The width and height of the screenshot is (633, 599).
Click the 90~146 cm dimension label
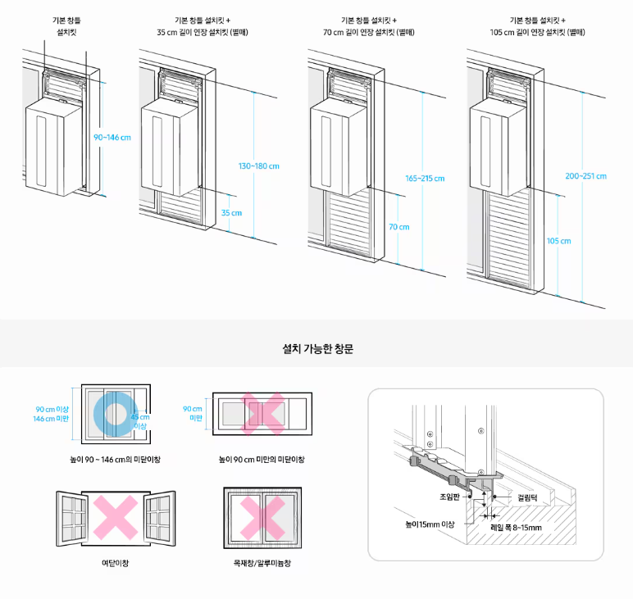[x=112, y=137]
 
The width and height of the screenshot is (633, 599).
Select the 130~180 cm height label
[x=259, y=166]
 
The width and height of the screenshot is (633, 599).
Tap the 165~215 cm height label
[x=425, y=178]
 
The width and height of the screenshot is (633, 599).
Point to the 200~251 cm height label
[x=585, y=175]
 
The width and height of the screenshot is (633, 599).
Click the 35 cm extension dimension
[x=232, y=213]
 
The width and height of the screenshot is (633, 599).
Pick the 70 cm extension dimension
[x=398, y=227]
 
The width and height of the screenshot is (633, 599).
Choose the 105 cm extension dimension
[x=558, y=241]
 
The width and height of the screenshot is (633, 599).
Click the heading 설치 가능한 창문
[x=317, y=348]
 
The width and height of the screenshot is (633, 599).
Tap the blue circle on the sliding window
[x=112, y=412]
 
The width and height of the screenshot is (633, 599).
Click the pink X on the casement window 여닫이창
[x=116, y=516]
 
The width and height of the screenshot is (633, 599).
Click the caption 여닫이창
[x=116, y=563]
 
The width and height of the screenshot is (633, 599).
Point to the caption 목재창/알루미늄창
[x=262, y=563]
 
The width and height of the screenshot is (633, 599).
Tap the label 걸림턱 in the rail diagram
[x=530, y=497]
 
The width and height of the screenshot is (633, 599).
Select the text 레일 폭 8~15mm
[x=516, y=527]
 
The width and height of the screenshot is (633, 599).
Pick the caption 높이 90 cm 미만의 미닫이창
[x=261, y=460]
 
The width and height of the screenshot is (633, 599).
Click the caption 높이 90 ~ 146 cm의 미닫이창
[x=116, y=460]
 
